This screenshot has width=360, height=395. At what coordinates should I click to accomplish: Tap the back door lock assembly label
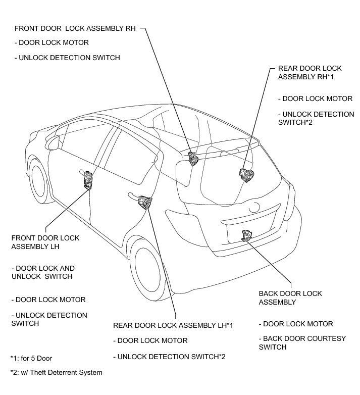[290, 298]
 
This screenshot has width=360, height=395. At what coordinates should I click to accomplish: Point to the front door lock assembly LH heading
[45, 242]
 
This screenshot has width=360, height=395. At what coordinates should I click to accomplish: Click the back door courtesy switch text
[302, 342]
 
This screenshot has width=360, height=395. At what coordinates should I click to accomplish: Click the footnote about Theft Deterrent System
[56, 373]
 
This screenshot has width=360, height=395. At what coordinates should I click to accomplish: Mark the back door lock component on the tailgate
[247, 235]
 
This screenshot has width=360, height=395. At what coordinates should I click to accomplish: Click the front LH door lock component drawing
[89, 179]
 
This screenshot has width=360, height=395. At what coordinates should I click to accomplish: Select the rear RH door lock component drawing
[247, 174]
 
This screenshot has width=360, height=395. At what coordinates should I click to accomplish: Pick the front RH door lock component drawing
[193, 158]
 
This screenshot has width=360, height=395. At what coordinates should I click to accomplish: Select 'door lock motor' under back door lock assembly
[295, 324]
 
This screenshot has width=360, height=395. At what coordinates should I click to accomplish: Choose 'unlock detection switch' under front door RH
[67, 58]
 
